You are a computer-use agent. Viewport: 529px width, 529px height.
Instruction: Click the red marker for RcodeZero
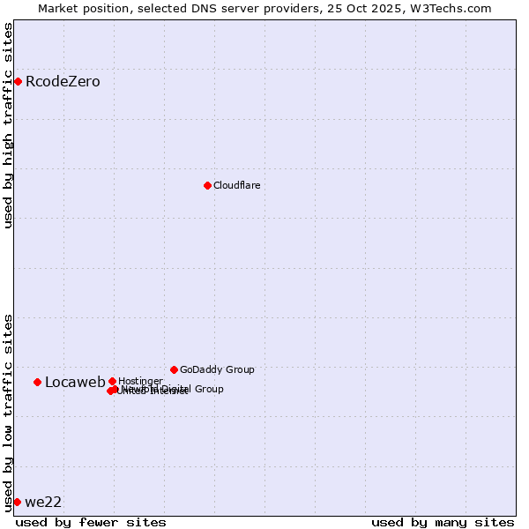point(18,82)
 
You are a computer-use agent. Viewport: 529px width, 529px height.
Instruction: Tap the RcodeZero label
point(63,82)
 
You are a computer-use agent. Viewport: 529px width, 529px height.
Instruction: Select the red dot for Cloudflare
point(207,185)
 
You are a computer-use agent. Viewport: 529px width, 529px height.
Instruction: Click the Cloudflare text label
point(236,185)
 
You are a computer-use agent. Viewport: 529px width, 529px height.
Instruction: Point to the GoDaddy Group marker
point(174,369)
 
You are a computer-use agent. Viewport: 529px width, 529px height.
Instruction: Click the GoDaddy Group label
point(217,369)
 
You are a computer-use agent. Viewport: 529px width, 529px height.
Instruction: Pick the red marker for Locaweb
point(37,382)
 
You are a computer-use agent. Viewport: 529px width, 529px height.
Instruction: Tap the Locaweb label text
point(75,382)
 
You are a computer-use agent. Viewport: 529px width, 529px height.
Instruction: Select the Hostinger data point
point(112,381)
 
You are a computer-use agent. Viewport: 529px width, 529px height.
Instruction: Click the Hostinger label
point(140,381)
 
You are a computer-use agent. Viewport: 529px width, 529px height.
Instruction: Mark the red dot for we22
point(17,502)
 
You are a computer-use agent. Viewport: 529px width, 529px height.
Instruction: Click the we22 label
point(43,503)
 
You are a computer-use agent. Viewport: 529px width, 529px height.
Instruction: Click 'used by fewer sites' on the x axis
point(91,522)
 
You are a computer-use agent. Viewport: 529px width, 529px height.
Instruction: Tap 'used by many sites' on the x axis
point(443,522)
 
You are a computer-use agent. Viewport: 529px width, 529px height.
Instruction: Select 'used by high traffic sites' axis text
point(9,125)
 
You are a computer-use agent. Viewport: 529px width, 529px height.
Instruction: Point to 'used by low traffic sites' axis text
point(9,413)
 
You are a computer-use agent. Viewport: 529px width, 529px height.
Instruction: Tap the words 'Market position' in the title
point(82,8)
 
